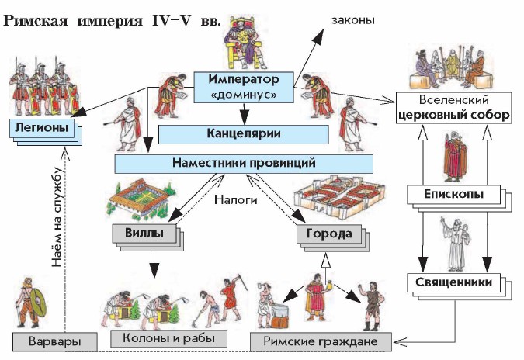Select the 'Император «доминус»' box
coord(243,86)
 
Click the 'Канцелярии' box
coord(242,133)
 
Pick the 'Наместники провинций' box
coord(242,163)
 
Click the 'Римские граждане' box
coord(321,341)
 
